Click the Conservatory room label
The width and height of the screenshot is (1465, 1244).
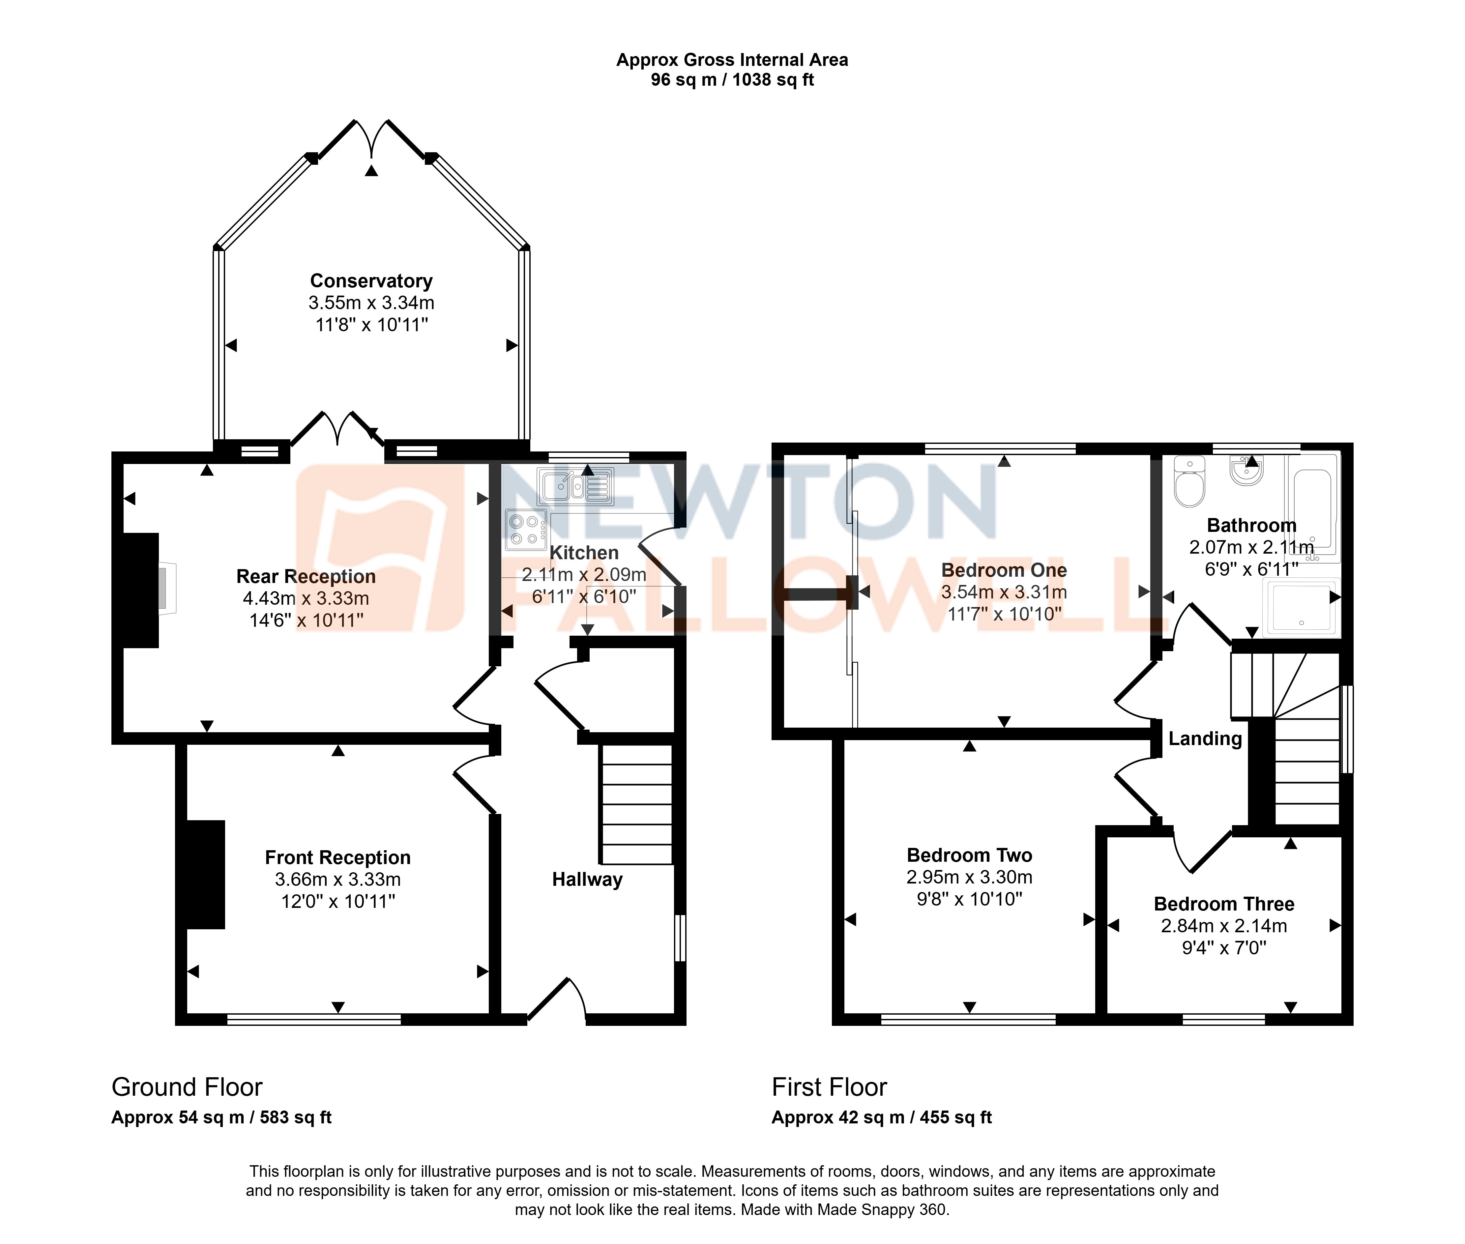pos(371,281)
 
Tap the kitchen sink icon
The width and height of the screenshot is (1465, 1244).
pos(575,486)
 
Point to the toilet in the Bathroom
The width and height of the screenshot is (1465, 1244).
pos(1190,481)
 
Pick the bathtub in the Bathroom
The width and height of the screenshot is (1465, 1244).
pos(1312,506)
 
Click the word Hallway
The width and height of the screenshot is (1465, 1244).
pos(588,880)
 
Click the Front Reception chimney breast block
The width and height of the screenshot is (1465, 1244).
pos(205,875)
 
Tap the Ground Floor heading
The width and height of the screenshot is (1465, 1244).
pos(187,1087)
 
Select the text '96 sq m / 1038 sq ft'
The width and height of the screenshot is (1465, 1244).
pos(732,80)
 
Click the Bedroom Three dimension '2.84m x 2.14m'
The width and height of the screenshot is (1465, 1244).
pos(1224,926)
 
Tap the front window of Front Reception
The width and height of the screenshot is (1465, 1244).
pos(314,1019)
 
